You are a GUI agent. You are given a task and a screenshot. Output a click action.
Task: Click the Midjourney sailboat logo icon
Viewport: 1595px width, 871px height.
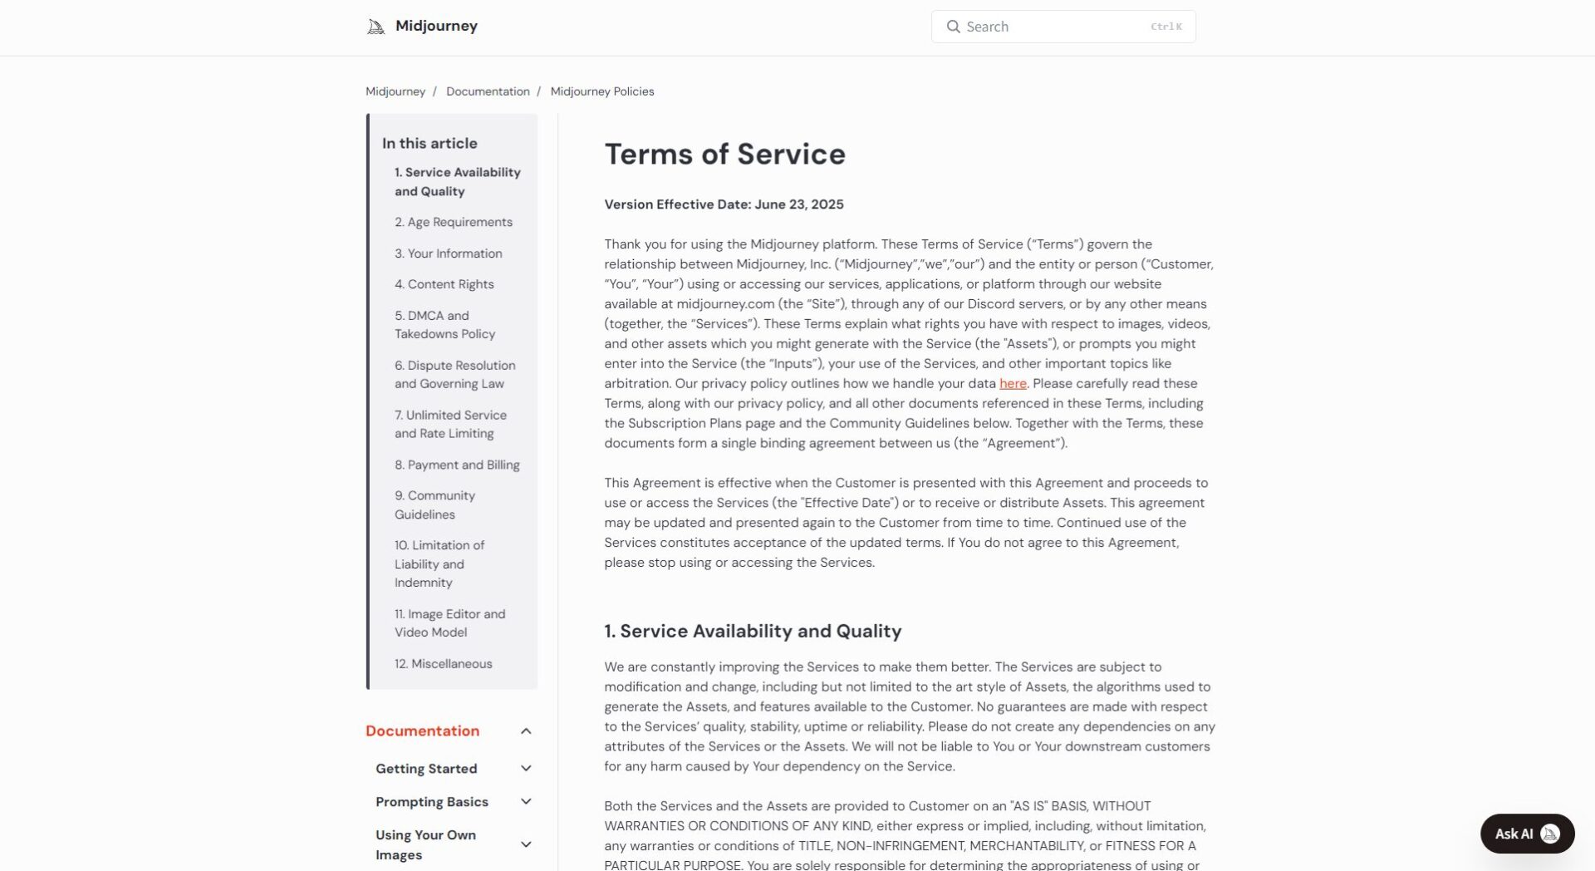[x=375, y=27]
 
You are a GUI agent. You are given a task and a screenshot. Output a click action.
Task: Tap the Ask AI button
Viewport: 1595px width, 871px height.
[x=1527, y=834]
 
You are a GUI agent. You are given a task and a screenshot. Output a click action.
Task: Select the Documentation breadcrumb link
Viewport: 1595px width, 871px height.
[x=488, y=91]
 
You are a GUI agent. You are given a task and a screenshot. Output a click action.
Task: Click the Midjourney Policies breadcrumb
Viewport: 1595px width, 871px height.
[x=602, y=91]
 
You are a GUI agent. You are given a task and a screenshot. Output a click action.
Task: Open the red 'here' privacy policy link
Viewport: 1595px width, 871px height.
[x=1013, y=383]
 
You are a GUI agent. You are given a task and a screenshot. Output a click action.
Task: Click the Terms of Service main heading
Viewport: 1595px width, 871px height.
[x=724, y=154]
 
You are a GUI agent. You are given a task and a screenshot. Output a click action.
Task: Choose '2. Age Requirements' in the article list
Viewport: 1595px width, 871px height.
[x=454, y=222]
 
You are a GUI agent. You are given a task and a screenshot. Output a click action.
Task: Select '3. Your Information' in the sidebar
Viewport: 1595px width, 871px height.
[x=449, y=253]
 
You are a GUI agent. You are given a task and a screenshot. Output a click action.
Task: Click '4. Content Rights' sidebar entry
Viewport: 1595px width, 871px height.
[x=444, y=284]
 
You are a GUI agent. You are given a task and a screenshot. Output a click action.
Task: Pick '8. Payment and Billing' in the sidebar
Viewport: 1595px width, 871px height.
[x=457, y=465]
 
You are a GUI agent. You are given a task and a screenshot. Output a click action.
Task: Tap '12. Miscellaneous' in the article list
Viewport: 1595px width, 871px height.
[x=444, y=663]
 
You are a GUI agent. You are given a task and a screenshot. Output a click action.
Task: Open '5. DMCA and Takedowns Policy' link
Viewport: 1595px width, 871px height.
[x=445, y=325]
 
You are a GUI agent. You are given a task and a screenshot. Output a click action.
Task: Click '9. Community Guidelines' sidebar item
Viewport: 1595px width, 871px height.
[x=434, y=504]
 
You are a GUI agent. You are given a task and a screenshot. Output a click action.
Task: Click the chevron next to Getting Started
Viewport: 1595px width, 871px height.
[x=526, y=769]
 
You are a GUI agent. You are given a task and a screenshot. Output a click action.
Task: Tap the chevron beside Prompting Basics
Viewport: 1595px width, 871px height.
[x=526, y=802]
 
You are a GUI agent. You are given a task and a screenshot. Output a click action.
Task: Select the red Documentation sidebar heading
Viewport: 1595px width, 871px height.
[x=422, y=731]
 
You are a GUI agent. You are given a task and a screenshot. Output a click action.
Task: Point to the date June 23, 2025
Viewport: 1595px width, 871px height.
[x=798, y=204]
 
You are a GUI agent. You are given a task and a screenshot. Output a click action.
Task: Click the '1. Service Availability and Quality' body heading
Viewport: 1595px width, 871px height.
[x=753, y=631]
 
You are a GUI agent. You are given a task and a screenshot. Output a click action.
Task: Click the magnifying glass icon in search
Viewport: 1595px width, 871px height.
[x=954, y=27]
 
